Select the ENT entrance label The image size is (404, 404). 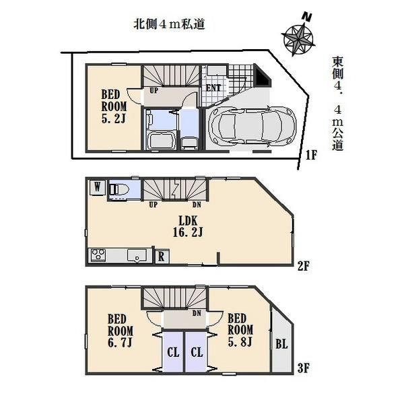click(213, 88)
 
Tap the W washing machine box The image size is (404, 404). click(98, 189)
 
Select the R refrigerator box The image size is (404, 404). click(162, 257)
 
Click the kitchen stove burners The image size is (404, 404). click(98, 256)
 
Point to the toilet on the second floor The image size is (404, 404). click(122, 189)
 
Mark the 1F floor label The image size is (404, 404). click(310, 155)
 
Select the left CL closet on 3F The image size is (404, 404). click(172, 351)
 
